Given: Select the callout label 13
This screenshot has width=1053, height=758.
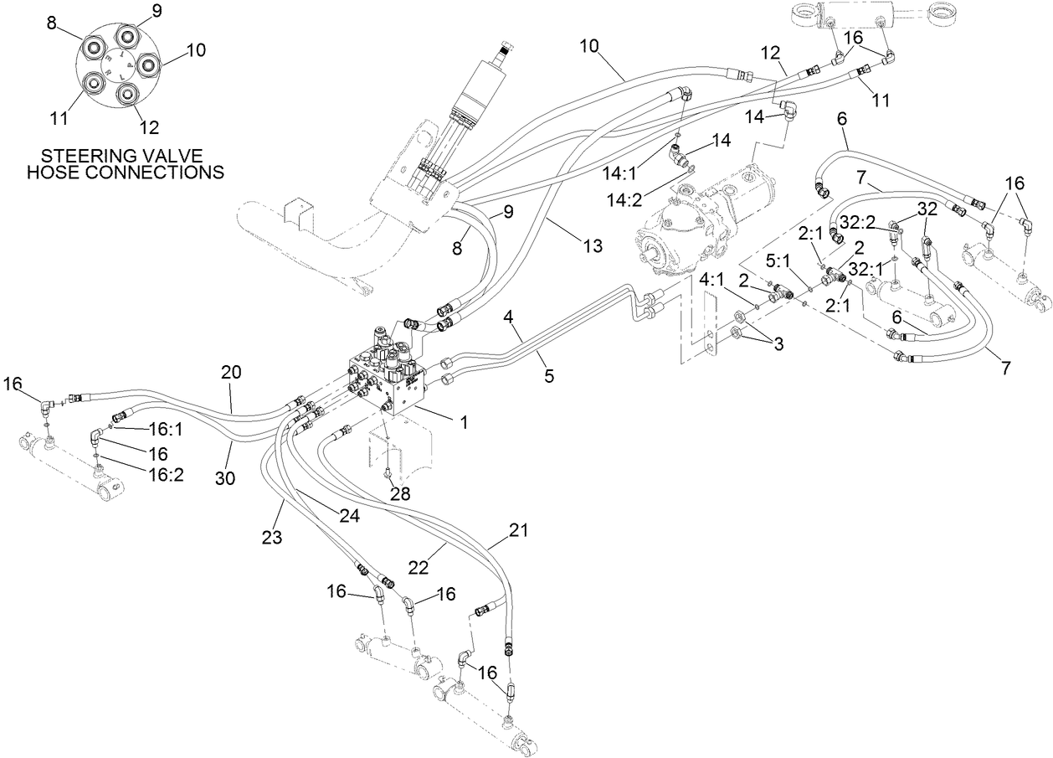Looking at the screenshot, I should pos(592,246).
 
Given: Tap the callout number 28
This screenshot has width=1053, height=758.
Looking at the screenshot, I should pos(400,493).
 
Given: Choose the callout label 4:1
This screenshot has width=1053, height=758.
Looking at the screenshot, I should pos(715,280).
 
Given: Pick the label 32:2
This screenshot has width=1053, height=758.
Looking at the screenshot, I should pos(858,221).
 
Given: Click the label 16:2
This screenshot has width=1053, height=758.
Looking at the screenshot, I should pos(166,473).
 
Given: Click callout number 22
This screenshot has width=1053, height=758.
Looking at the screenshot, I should pos(419,567).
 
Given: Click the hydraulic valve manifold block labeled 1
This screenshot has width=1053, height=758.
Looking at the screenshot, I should pos(391,377).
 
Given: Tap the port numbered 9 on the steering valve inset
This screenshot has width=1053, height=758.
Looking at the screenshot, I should pos(127,36).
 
